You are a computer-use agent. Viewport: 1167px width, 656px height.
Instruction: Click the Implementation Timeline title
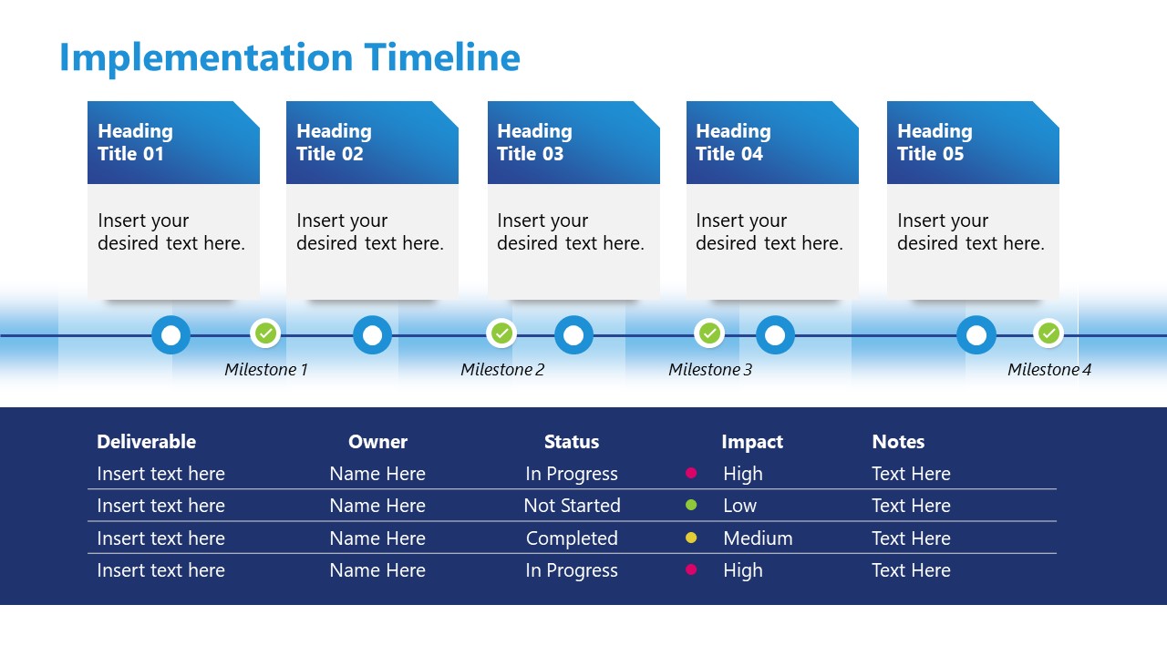pos(289,57)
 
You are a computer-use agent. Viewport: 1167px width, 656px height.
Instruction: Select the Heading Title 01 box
pos(173,143)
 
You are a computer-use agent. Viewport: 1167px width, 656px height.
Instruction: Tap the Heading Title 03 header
pos(573,143)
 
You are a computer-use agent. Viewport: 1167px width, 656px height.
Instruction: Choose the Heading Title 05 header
pos(973,143)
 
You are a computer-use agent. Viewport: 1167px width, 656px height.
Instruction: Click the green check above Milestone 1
pos(265,333)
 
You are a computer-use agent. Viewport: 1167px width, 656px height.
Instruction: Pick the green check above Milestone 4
pos(1048,333)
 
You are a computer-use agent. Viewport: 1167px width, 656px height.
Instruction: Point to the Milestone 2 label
pos(502,370)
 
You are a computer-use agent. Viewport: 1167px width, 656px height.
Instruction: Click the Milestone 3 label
pos(710,370)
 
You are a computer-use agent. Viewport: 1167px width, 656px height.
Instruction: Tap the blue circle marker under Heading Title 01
pos(170,335)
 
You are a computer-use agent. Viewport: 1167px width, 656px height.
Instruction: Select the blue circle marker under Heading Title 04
pos(775,335)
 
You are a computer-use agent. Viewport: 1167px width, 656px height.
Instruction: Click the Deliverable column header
pos(146,442)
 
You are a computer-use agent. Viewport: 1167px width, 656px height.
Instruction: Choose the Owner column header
pos(377,442)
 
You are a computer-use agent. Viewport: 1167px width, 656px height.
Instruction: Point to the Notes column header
pos(898,442)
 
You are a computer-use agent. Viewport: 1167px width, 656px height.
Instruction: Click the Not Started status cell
pos(572,506)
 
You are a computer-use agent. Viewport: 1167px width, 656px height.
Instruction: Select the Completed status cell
pos(572,538)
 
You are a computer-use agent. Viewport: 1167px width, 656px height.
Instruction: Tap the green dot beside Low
pos(691,506)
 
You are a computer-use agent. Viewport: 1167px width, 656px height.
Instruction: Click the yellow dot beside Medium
pos(691,538)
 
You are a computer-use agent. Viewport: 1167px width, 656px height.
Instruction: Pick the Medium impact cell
pos(758,538)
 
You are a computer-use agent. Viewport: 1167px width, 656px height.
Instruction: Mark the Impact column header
pos(752,442)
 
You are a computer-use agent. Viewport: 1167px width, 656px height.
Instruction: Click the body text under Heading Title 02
pos(370,232)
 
